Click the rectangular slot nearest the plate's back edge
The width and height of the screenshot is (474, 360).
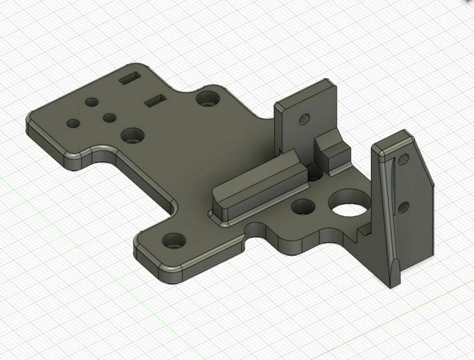pos(130,78)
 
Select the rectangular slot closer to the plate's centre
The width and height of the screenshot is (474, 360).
pos(155,100)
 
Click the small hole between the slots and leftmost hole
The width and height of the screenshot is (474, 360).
pos(91,102)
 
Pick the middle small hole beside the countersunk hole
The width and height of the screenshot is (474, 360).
pos(110,118)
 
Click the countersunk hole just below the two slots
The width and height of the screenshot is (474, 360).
pos(133,135)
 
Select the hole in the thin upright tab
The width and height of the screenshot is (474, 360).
pos(302,120)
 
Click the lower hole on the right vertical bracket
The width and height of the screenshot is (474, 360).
pos(403,207)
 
